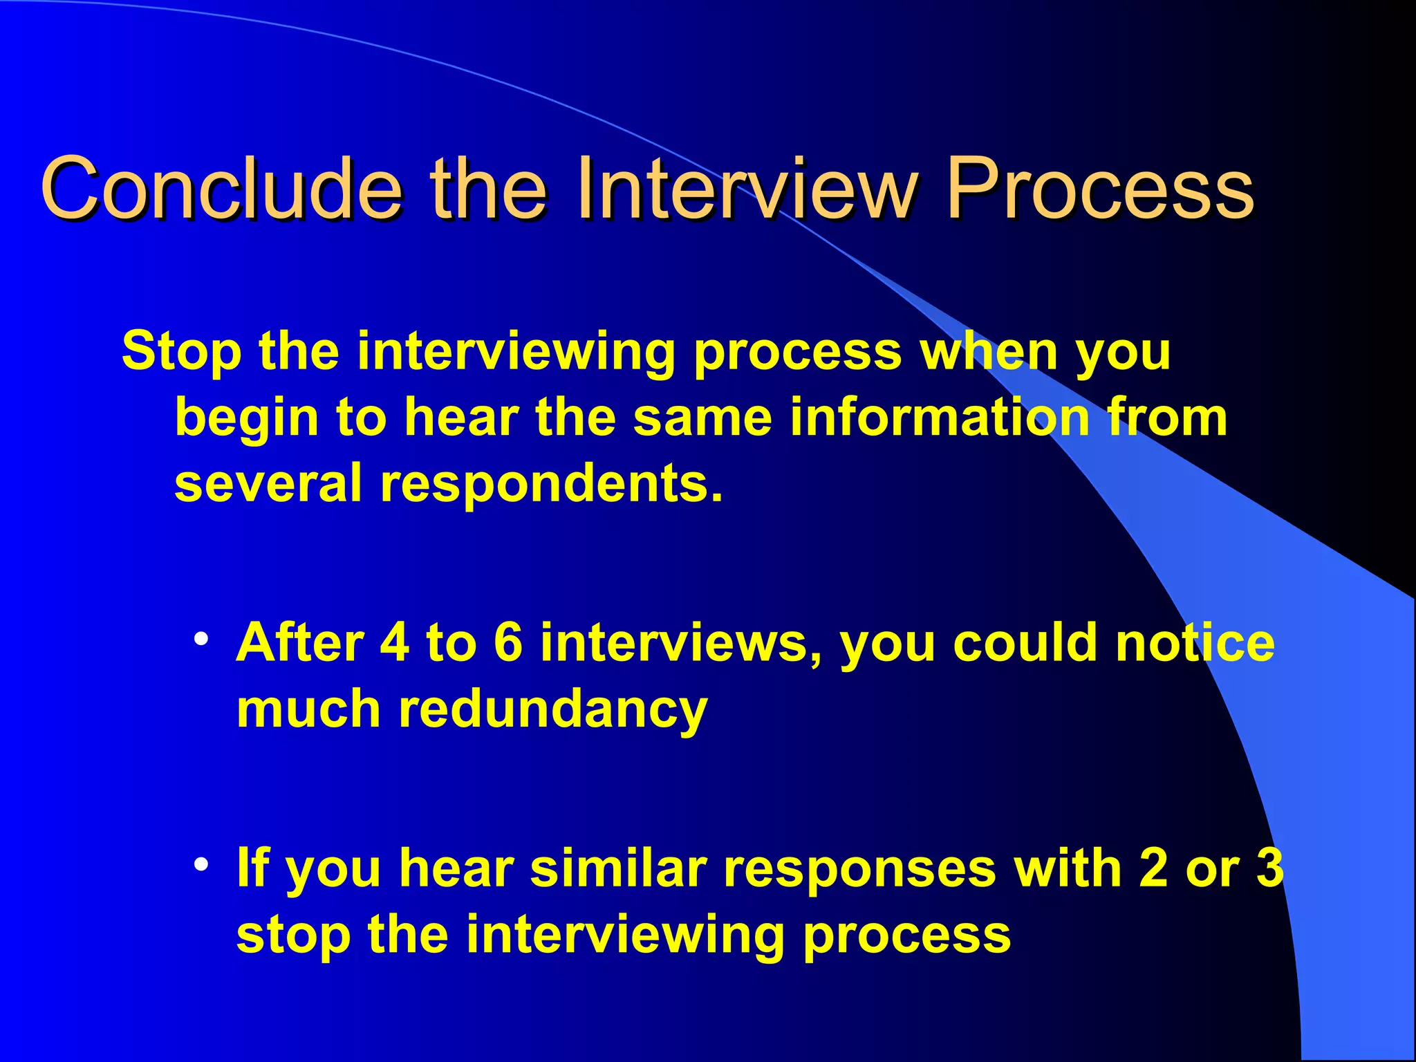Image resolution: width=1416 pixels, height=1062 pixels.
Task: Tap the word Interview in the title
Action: tap(747, 188)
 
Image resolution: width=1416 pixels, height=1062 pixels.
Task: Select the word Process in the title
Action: tap(1099, 188)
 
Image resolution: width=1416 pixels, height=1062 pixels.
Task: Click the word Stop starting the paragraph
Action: tap(181, 351)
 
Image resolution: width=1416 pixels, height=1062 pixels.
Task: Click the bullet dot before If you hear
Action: tap(201, 864)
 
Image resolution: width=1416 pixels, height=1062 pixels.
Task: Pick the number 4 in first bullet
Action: tap(395, 642)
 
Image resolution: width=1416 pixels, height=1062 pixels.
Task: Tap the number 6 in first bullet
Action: tap(507, 642)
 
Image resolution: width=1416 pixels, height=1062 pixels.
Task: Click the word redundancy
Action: tap(553, 710)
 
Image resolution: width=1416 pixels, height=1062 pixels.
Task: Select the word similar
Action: tap(618, 868)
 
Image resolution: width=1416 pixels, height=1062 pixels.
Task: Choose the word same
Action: tap(702, 418)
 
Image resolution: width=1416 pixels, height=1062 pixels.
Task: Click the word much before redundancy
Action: tap(308, 709)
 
